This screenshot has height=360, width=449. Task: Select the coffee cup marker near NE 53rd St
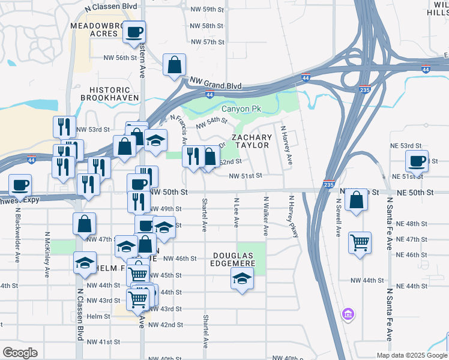point(417,161)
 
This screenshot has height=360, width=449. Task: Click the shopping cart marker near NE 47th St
point(360,243)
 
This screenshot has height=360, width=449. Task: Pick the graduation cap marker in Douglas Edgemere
point(242,278)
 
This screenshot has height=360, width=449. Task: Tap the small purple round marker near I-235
point(346,314)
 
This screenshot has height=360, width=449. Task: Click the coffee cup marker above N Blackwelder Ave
point(20,185)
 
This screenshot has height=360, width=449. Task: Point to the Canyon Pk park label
point(239,109)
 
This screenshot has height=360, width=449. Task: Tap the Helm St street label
point(98,316)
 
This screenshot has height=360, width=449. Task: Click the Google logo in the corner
point(20,353)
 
